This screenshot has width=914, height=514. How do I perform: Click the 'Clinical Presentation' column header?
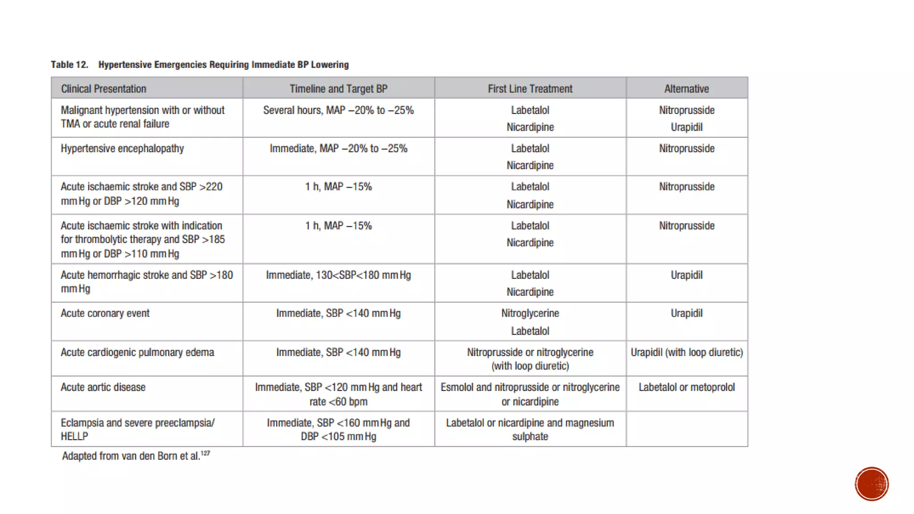104,89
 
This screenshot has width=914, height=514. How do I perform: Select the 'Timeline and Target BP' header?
338,89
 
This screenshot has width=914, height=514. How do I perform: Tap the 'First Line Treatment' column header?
530,89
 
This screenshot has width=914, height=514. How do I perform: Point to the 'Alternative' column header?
686,89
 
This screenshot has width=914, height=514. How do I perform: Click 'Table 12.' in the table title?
70,65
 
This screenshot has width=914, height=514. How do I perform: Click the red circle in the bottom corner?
872,484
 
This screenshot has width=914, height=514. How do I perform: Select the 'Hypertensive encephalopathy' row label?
122,149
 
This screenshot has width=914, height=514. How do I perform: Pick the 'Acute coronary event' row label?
105,313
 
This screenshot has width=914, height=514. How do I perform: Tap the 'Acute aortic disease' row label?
103,387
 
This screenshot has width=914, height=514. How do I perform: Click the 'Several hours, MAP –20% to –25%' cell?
338,110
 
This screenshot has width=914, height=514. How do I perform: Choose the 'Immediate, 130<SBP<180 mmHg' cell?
338,275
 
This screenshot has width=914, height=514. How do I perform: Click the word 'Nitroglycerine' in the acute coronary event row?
530,313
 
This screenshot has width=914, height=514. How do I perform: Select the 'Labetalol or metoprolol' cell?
686,387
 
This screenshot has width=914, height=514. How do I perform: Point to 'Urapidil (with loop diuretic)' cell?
686,352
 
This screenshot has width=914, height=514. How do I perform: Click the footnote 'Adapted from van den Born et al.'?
131,456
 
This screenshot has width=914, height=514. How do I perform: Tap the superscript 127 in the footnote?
205,453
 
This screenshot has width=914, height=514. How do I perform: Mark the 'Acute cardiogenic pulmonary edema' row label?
137,352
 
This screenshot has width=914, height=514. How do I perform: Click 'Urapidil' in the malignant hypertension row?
686,127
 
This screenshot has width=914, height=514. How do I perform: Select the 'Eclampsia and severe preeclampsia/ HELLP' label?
137,429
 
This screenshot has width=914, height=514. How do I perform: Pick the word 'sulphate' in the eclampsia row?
530,436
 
